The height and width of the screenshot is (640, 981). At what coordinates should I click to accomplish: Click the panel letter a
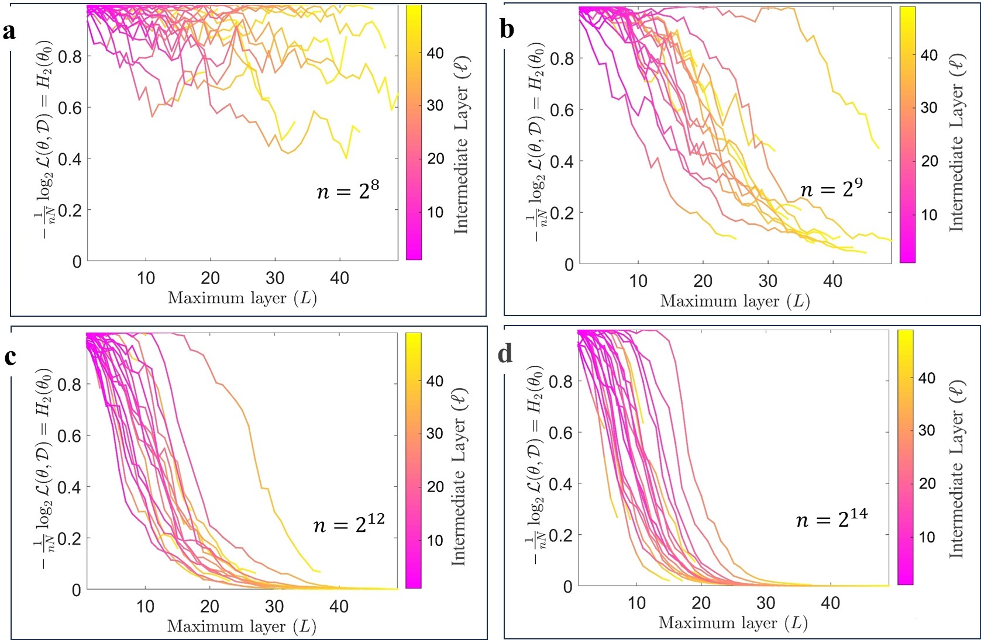point(9,31)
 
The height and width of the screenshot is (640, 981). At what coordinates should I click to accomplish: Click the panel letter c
point(10,357)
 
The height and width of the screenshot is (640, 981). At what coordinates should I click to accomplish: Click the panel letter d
point(505,354)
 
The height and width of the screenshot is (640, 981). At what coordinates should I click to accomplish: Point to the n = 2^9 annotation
point(831,188)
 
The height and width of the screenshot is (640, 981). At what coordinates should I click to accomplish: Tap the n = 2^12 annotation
point(349,524)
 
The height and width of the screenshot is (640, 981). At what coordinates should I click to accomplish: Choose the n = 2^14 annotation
point(831,518)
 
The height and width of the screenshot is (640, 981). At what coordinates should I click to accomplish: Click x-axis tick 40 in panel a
point(340,278)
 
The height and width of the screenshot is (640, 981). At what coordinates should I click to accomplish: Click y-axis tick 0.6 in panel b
point(562,110)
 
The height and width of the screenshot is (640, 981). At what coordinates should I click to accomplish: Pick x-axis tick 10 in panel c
point(146,607)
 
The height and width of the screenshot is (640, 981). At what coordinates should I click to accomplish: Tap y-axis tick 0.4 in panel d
point(560,484)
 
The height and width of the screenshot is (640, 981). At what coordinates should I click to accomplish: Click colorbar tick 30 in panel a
point(435,106)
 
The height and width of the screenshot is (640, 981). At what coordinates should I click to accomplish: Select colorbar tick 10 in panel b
point(930,215)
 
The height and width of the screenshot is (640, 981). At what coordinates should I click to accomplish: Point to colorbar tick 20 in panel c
point(435,487)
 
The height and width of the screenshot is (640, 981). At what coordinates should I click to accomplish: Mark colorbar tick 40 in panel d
point(927,378)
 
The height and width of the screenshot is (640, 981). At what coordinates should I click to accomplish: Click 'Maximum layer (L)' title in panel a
point(242,299)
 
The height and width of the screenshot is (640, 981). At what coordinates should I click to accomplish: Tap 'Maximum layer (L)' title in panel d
point(733,623)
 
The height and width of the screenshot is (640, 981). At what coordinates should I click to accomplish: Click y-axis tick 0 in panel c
point(77,590)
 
